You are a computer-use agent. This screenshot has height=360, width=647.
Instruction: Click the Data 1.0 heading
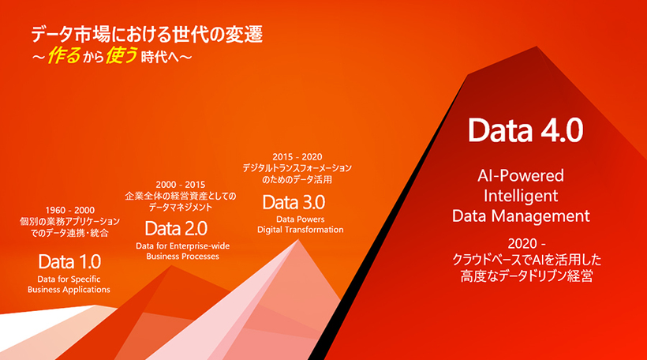click(69, 261)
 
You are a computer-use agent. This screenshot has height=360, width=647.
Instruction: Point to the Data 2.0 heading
click(175, 229)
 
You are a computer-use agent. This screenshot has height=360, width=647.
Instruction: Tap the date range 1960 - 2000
click(69, 210)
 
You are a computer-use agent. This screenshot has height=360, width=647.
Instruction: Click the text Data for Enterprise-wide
click(182, 246)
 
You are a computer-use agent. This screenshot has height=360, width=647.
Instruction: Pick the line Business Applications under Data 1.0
click(69, 290)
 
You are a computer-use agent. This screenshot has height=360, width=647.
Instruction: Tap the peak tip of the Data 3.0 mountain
click(299, 240)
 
